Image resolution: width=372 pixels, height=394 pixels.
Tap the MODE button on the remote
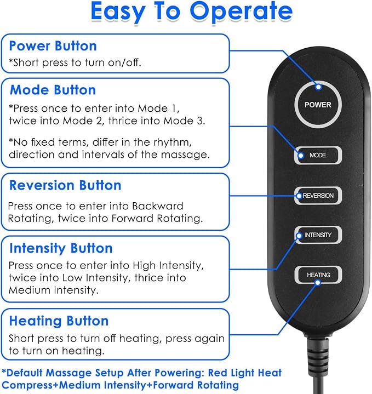click(x=318, y=155)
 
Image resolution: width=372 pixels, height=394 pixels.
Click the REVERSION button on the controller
click(x=318, y=196)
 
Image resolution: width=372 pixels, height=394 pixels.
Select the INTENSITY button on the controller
click(x=318, y=235)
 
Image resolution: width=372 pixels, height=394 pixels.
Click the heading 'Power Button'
click(x=53, y=46)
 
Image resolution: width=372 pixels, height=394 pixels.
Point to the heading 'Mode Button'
click(x=53, y=90)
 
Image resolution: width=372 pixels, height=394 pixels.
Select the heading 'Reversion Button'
click(x=65, y=185)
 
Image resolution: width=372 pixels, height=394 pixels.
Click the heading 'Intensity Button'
click(x=61, y=248)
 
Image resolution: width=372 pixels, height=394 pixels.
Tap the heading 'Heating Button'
click(x=59, y=321)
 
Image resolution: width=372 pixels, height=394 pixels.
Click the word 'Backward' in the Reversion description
click(x=157, y=206)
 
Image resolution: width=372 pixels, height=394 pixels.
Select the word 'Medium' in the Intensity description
click(x=30, y=290)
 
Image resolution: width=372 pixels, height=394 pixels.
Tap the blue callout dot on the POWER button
click(x=318, y=87)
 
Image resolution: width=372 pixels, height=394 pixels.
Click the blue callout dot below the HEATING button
click(x=318, y=283)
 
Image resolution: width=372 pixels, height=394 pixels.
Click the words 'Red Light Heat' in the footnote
click(x=245, y=373)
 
